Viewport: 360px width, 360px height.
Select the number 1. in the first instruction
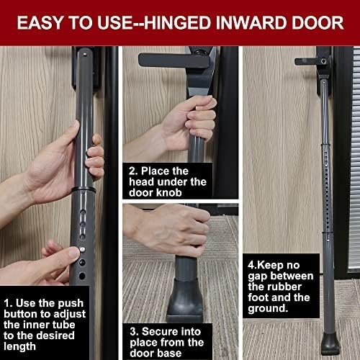click(8, 303)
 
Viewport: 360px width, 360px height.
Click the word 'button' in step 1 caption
click(24, 314)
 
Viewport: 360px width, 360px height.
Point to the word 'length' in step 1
click(19, 347)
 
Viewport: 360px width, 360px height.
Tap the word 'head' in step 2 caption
click(140, 181)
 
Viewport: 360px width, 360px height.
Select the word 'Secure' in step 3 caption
click(158, 332)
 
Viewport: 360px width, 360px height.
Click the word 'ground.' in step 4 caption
click(268, 309)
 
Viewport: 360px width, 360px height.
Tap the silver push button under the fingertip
click(82, 249)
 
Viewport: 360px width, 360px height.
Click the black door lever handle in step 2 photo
click(174, 60)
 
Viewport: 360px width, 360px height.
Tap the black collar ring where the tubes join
click(84, 189)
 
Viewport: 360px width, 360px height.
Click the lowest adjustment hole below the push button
click(82, 276)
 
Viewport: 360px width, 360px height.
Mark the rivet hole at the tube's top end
click(85, 54)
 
